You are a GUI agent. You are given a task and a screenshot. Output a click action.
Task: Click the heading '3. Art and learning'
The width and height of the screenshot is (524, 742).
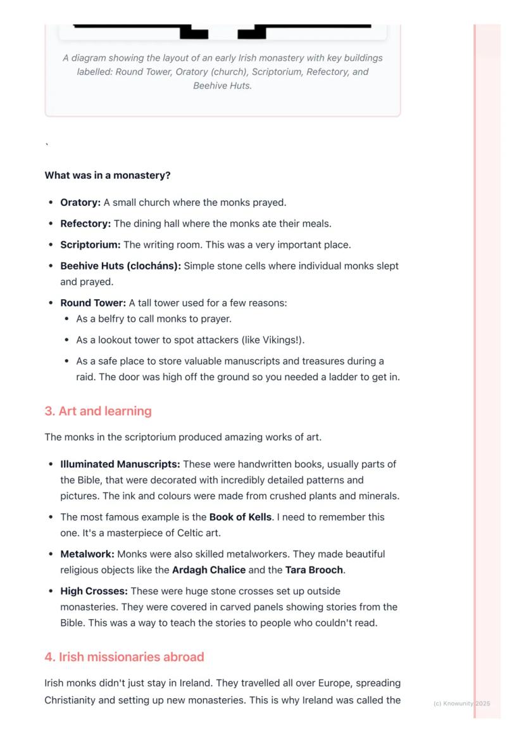coord(98,411)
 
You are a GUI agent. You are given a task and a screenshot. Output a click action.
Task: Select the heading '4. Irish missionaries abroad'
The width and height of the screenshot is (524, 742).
coord(124,657)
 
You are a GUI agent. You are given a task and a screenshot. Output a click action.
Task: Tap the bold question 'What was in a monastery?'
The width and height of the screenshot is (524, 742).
coord(108,176)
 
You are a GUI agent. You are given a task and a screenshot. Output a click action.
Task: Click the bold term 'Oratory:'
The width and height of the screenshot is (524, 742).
coord(80,203)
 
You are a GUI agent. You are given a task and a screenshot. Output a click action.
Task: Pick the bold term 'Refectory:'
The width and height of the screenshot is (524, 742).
coord(85,224)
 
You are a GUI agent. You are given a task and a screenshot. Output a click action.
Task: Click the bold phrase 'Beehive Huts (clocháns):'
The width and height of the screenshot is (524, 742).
coord(120,266)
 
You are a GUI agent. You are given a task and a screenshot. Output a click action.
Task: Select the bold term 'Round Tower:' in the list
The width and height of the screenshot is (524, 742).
coord(93,303)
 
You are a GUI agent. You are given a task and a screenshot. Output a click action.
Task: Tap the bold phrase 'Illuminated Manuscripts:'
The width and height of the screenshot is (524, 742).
coord(120,464)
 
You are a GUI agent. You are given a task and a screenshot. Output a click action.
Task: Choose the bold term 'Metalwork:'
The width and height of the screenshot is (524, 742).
coord(87,554)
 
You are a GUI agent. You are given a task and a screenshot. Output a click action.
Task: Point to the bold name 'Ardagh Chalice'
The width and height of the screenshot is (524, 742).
coord(209,570)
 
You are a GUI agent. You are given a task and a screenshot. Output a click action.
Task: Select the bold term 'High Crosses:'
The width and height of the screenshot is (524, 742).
coord(94,591)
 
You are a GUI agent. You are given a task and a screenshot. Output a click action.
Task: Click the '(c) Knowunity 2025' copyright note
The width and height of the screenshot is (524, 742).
coord(462,703)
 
